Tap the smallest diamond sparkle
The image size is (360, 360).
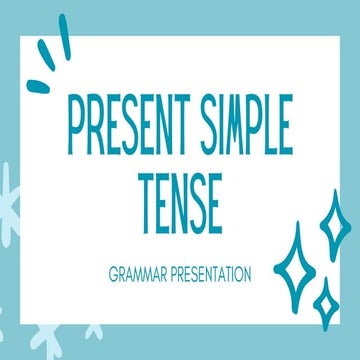point(324,299)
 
